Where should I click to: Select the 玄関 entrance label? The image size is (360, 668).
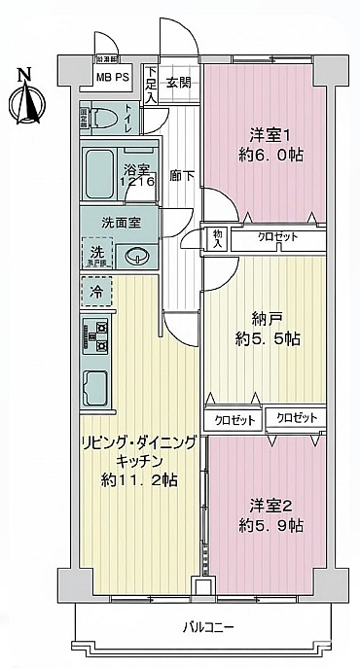[176, 82]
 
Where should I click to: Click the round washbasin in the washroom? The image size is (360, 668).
[136, 256]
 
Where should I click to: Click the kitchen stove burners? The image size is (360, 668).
[96, 336]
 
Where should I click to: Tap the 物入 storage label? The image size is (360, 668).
[219, 239]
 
